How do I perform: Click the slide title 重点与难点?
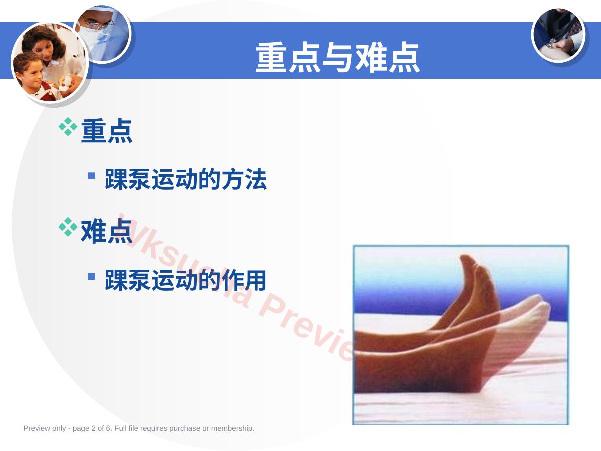click(338, 57)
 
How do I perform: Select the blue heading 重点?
click(107, 131)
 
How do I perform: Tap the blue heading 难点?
click(107, 232)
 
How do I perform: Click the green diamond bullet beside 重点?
click(68, 127)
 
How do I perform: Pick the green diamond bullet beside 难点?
click(68, 227)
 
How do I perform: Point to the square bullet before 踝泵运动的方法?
click(92, 175)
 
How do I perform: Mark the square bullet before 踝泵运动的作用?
click(92, 276)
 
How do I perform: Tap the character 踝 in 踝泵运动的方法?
click(116, 179)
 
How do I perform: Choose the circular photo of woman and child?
click(49, 63)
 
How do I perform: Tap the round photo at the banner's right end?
click(558, 35)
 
